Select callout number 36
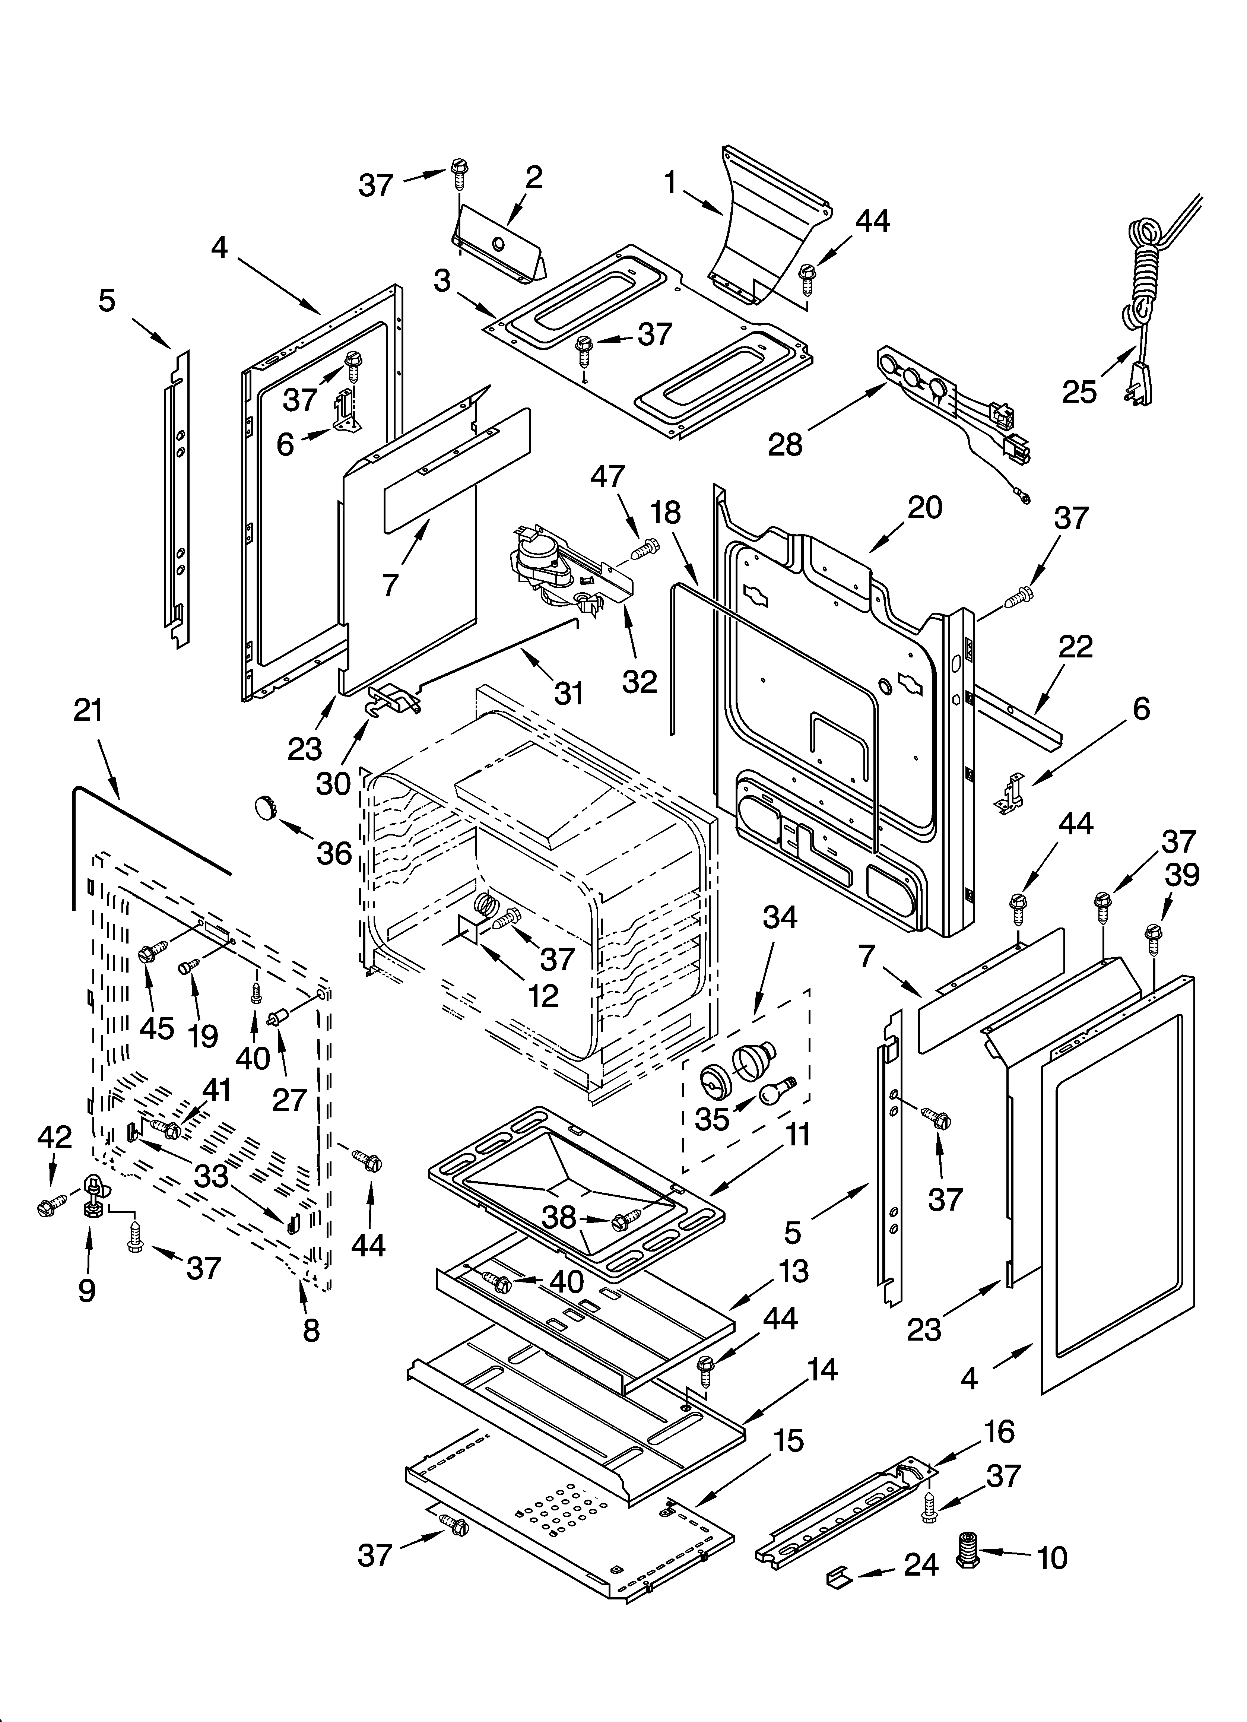[x=334, y=853]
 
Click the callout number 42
[x=55, y=1137]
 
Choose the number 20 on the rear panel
[x=924, y=507]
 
